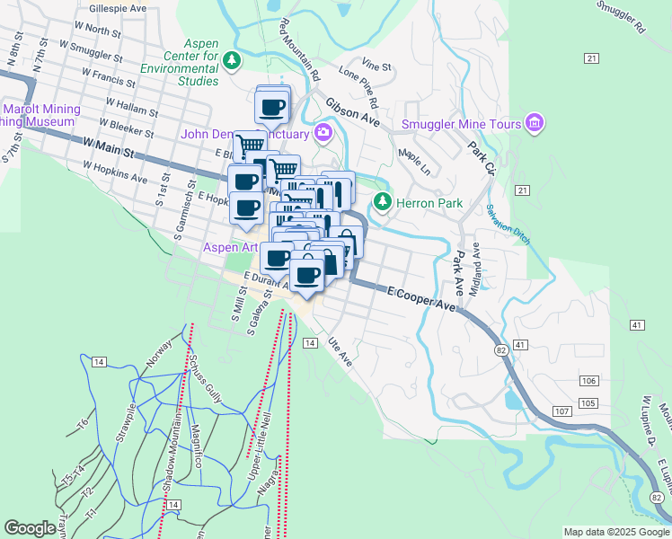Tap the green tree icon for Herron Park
pyautogui.click(x=384, y=202)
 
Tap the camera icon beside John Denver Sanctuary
pyautogui.click(x=323, y=134)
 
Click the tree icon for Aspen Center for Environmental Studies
pyautogui.click(x=233, y=59)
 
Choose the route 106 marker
pyautogui.click(x=588, y=382)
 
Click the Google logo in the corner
pyautogui.click(x=30, y=528)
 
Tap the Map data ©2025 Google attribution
pyautogui.click(x=615, y=532)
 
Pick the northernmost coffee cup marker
pyautogui.click(x=272, y=107)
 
